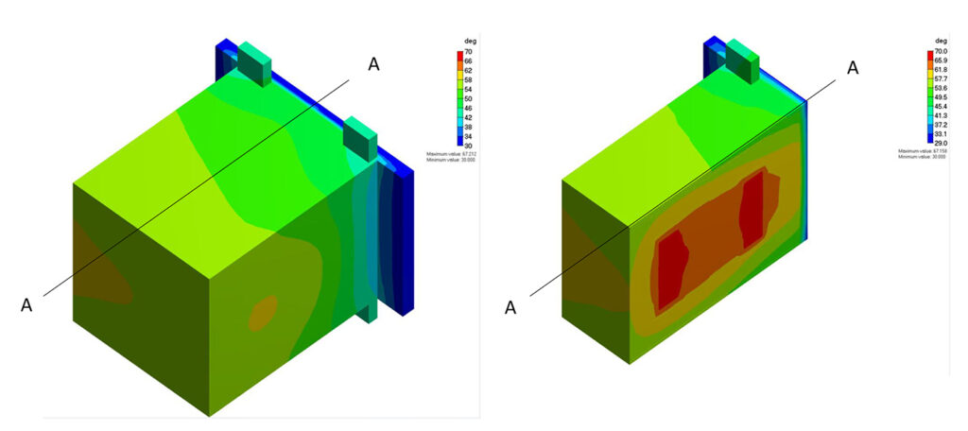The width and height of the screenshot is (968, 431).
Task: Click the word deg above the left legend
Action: (465, 42)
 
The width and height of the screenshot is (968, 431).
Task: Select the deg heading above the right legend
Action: (940, 42)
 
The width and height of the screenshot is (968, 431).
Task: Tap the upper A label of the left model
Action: (374, 63)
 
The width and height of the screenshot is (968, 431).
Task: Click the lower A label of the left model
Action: (26, 304)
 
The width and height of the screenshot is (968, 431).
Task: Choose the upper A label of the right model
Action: (853, 67)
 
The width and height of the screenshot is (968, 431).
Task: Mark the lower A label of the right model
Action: (511, 307)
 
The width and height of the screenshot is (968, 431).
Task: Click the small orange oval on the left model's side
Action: (263, 313)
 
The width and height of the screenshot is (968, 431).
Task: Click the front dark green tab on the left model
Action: (360, 138)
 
